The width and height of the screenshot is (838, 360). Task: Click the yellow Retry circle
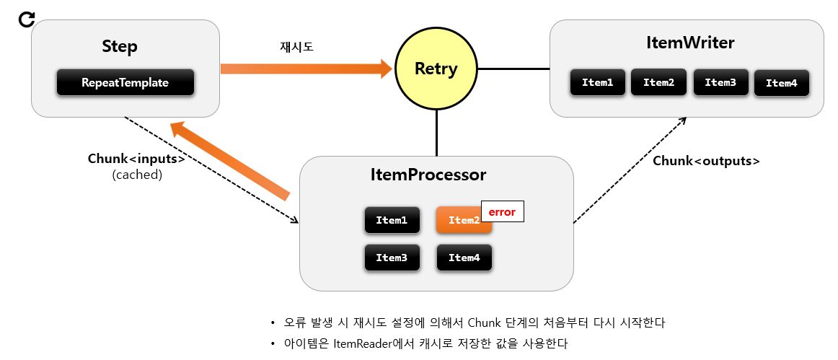coord(436,69)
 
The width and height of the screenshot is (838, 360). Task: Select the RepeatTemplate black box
coord(125,82)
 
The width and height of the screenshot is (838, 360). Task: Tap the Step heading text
coord(120,47)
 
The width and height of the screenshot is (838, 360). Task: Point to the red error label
coord(502,212)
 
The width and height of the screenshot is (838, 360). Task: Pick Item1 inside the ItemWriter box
coord(597,82)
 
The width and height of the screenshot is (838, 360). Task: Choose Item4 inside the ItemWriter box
coord(781,83)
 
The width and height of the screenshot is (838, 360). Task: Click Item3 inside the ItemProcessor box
coord(392,257)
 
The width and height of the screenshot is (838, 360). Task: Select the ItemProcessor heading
coord(428,175)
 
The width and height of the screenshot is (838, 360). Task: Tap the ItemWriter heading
coord(690,43)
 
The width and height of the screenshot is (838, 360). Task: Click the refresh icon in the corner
coord(27,19)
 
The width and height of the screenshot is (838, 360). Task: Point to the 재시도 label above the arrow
coord(296,47)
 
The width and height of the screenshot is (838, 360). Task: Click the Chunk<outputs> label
coord(706,161)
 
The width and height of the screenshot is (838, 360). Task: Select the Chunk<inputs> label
coord(136,159)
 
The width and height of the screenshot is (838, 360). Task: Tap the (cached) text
coord(137,175)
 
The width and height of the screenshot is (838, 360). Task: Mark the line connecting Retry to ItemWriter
coord(513,69)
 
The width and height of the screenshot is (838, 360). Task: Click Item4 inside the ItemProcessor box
coord(464,257)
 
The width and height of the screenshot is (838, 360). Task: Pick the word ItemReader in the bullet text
coord(366,343)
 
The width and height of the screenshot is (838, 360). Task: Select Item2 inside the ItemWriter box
coord(658,82)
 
